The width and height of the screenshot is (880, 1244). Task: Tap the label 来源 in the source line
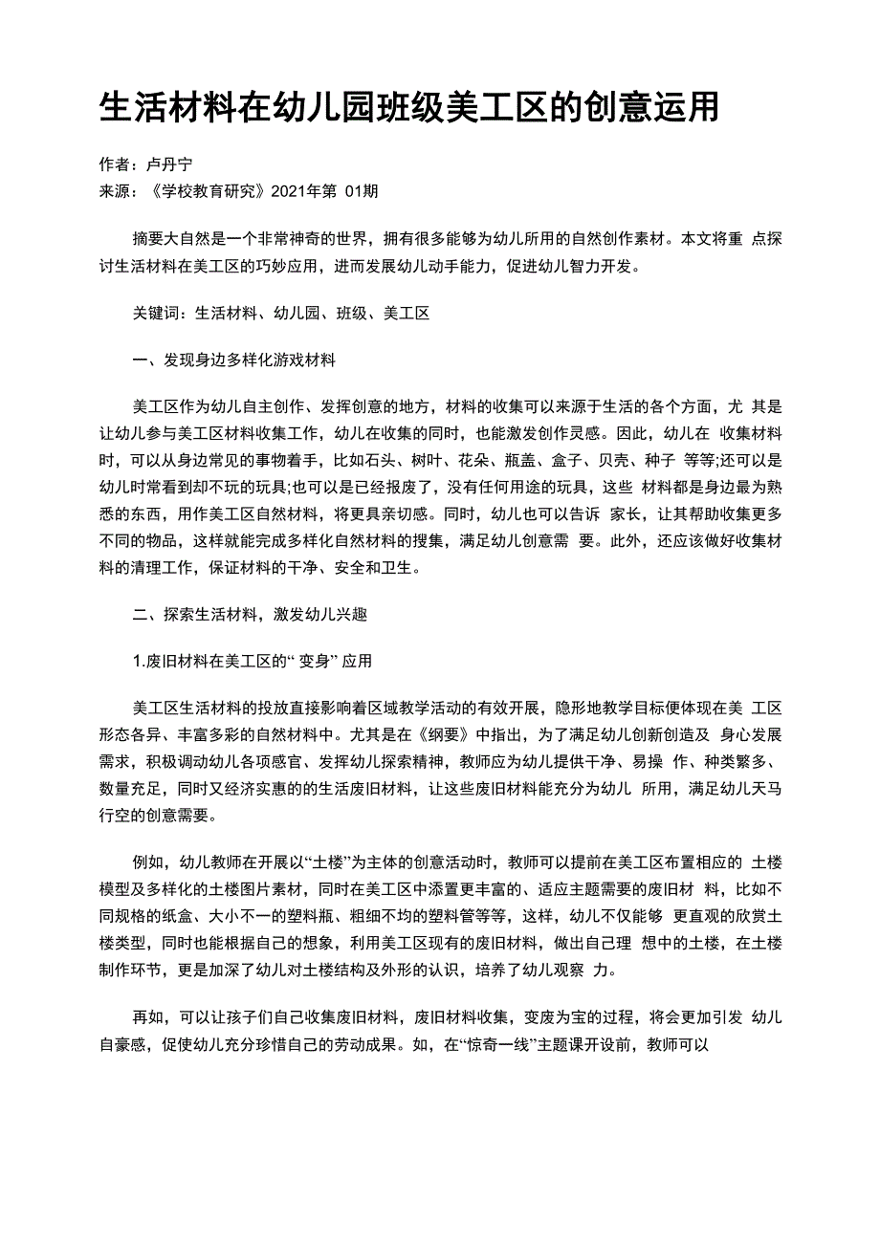coord(115,191)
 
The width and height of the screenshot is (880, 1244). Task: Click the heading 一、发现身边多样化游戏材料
coord(233,360)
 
